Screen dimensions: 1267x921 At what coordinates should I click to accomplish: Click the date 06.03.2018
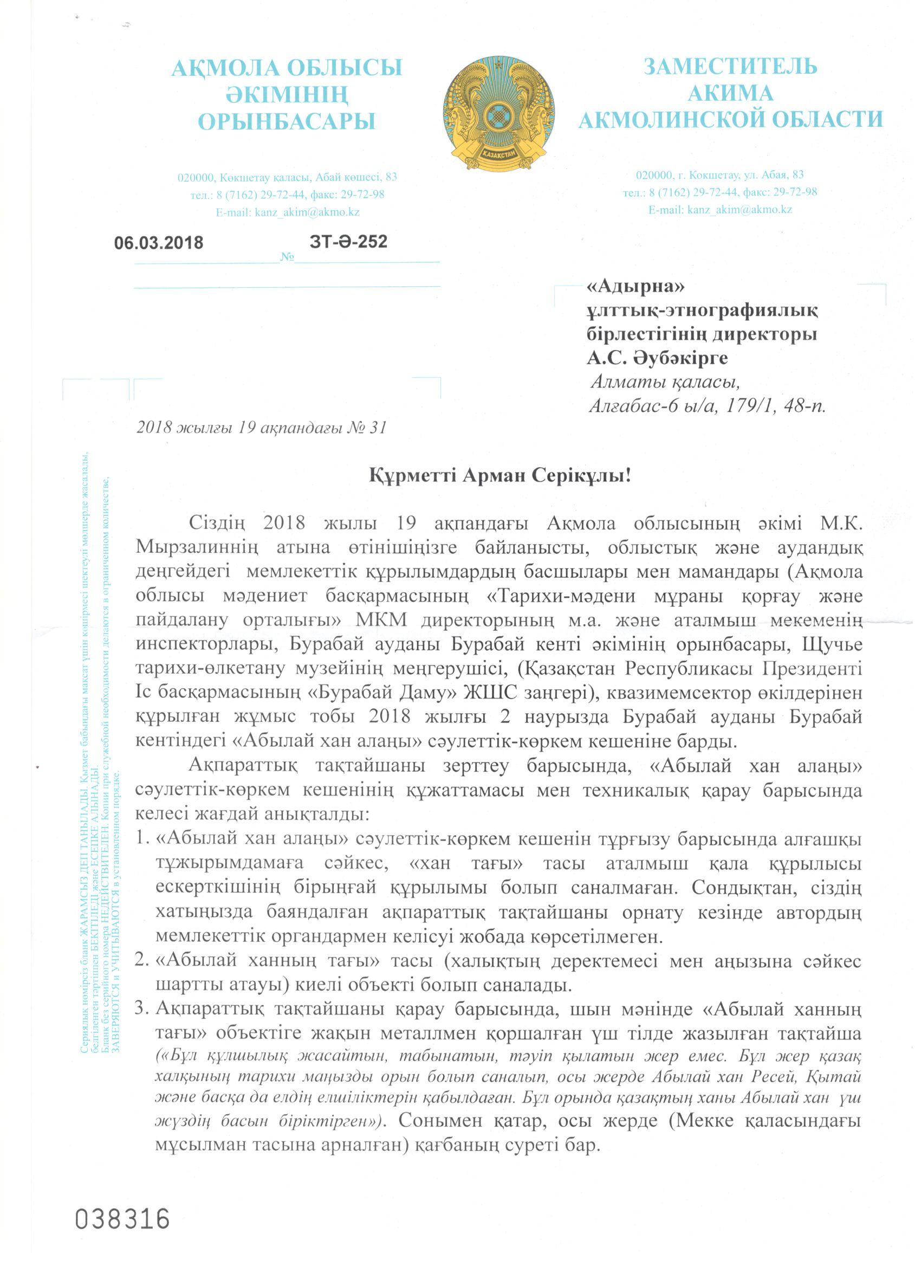(x=159, y=243)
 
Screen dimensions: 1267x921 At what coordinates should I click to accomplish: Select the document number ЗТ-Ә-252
(x=348, y=241)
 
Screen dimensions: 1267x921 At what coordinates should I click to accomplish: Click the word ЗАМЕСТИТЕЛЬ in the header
(x=730, y=67)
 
